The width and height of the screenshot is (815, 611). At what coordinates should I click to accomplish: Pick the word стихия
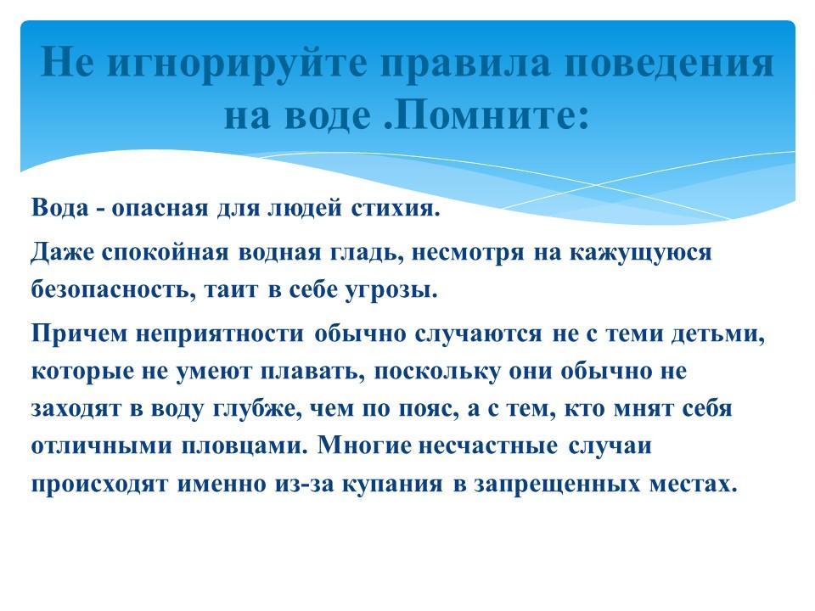396,208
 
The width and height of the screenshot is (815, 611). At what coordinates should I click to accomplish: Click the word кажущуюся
640,254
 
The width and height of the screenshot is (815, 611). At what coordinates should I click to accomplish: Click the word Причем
79,333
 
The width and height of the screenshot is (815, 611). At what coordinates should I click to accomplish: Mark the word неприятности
220,334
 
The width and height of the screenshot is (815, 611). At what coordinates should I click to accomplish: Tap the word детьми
718,334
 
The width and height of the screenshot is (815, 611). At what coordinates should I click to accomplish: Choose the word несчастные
487,446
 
